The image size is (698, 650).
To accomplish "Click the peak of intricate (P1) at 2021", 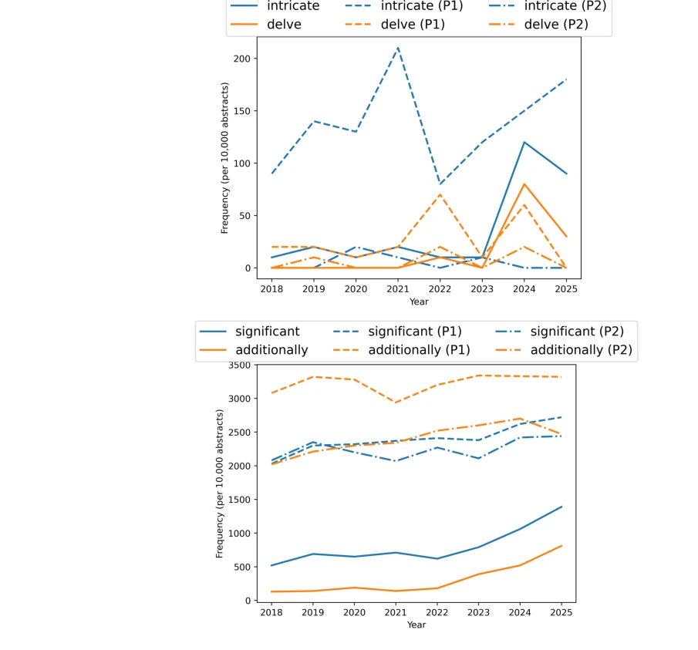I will (x=398, y=48).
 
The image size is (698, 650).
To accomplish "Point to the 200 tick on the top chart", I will (x=241, y=59).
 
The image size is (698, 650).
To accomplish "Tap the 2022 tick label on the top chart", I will (x=440, y=288).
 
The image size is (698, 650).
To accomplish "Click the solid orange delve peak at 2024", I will (x=524, y=184).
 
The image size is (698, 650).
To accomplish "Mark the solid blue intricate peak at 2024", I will (x=524, y=142).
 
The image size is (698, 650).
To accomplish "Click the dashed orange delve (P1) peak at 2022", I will (x=440, y=194).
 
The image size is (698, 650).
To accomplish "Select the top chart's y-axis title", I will (x=224, y=158).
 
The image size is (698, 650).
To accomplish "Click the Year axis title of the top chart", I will (x=419, y=301).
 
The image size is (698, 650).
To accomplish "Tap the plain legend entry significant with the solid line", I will (x=267, y=332).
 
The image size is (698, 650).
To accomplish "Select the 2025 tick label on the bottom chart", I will (x=561, y=611).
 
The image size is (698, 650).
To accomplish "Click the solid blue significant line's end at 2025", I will (x=561, y=507).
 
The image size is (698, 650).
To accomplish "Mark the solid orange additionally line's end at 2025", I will (x=561, y=546).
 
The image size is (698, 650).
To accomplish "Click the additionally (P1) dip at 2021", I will (x=396, y=402).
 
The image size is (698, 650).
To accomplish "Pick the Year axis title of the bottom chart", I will (x=416, y=625).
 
